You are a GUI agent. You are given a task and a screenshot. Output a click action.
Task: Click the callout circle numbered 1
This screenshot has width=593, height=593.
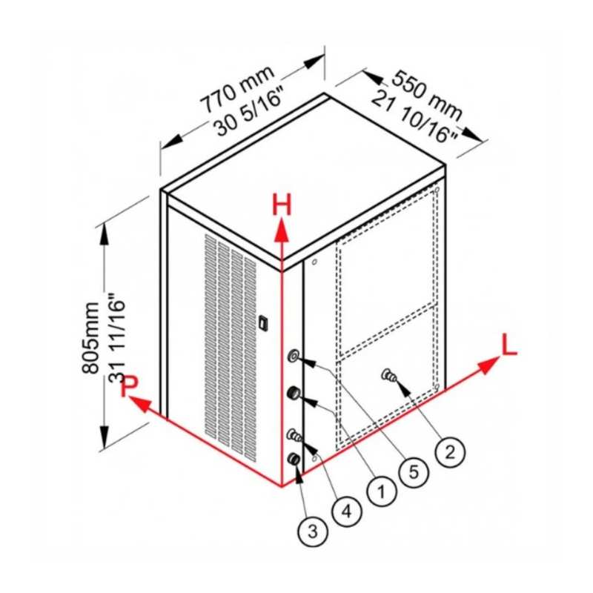point(382,491)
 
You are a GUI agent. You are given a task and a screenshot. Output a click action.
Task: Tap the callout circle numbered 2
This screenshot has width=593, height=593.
point(450,451)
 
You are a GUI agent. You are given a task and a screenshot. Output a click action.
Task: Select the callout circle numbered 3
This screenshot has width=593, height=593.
point(313,531)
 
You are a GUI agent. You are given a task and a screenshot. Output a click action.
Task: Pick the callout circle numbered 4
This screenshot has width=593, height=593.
point(347,511)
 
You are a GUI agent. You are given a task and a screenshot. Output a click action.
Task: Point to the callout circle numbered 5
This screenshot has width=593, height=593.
point(414,471)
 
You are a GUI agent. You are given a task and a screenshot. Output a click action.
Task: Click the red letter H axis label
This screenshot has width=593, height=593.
point(282,205)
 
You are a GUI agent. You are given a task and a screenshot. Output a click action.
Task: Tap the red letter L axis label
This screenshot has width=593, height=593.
point(508,344)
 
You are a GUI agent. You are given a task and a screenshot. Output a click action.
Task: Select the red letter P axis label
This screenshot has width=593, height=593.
point(129,385)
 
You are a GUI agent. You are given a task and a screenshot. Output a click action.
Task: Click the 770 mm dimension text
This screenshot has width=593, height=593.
point(237,89)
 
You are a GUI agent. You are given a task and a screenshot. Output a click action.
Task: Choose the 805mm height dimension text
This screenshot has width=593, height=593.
point(90,338)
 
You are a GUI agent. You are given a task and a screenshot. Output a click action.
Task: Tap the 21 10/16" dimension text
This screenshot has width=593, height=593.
point(414,118)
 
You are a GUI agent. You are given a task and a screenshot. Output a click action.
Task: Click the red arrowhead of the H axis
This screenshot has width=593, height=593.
point(282,231)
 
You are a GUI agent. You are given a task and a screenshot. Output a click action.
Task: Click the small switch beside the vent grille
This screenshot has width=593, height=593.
point(263,322)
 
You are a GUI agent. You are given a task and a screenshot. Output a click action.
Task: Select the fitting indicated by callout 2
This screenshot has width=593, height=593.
point(389,376)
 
